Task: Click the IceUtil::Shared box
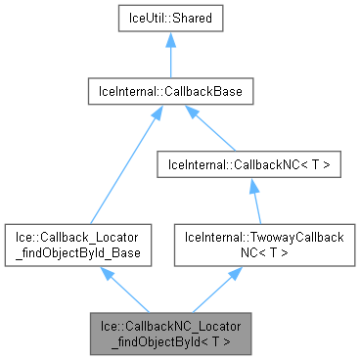[171, 20]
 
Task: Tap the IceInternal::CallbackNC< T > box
[253, 165]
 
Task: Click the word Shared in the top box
[194, 20]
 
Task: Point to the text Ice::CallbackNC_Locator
[171, 324]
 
